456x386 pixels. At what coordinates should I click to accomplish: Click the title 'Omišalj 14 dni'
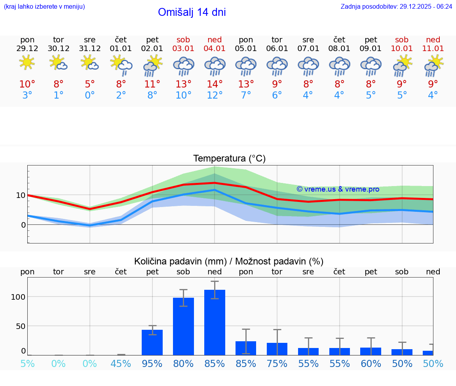coord(192,12)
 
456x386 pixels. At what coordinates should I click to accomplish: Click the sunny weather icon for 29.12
coord(27,63)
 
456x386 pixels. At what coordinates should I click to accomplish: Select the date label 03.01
coord(183,49)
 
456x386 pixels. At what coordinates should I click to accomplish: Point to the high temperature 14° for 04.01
coord(215,84)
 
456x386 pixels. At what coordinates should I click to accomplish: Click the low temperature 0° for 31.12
coord(90,95)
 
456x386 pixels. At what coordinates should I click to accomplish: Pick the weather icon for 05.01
coord(246,66)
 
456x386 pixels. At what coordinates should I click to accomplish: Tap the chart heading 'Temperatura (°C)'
coord(229,159)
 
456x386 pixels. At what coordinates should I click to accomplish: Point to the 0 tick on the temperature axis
coord(23,225)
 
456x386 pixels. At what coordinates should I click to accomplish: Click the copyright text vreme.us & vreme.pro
coord(338,189)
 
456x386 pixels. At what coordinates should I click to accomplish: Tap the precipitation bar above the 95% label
coord(152,342)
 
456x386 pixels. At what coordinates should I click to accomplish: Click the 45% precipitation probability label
coord(121,364)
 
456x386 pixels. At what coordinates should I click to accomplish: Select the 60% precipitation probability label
coord(371,364)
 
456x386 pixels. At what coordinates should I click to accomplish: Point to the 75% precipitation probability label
coord(277,364)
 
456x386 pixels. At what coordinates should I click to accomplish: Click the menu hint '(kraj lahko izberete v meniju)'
coord(44,6)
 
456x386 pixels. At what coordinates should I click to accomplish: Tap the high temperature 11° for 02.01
coord(152,84)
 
